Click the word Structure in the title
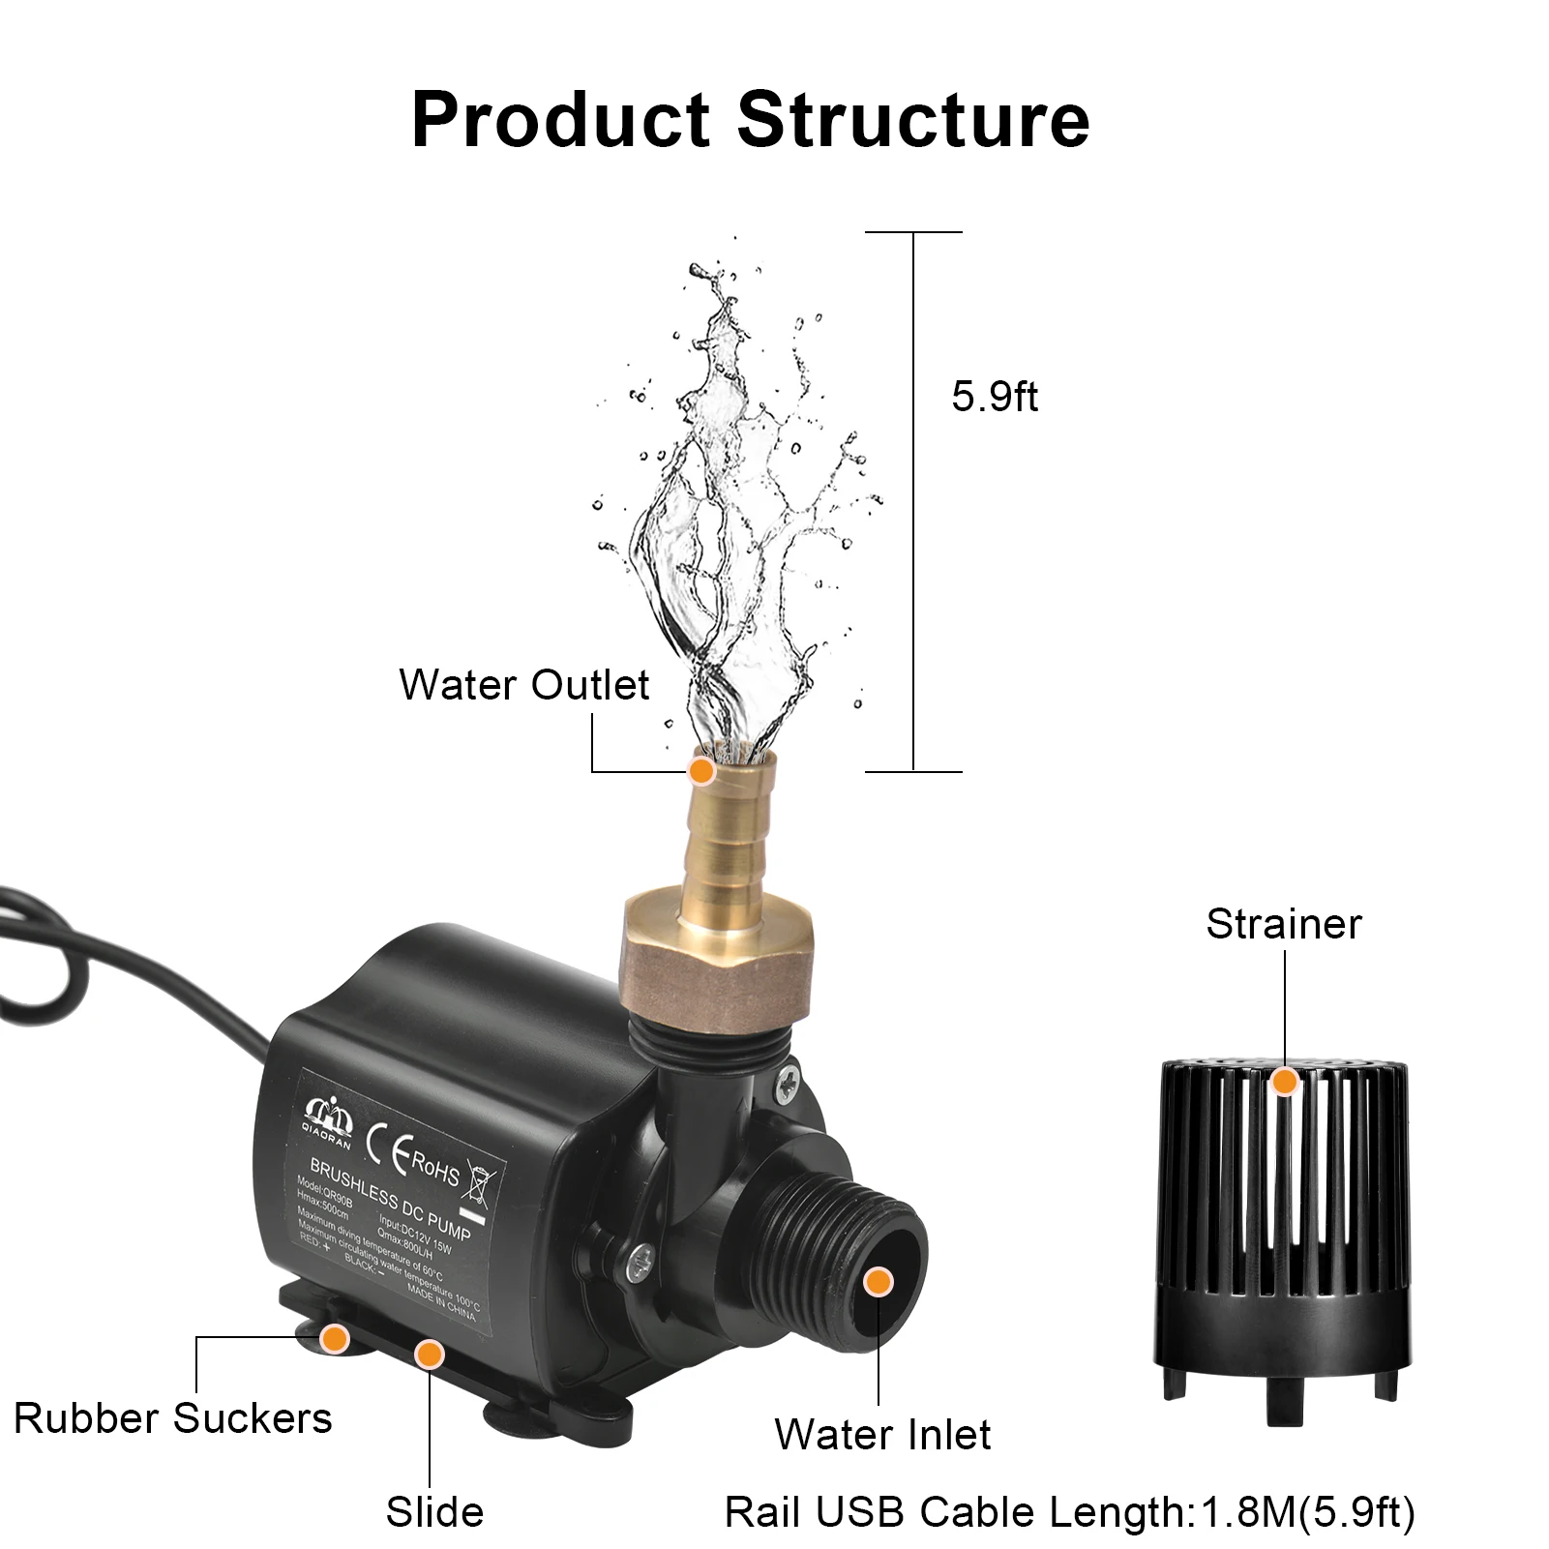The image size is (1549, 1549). (x=913, y=120)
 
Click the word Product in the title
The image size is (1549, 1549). (x=561, y=120)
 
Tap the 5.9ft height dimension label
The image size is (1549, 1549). (x=995, y=398)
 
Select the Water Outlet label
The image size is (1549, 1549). (x=523, y=685)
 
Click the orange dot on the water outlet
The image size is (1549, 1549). (x=700, y=771)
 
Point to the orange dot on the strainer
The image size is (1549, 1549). (x=1284, y=1081)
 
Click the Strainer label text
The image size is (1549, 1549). (x=1283, y=924)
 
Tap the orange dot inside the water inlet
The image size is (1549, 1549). (x=878, y=1282)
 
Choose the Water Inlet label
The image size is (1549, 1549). (x=882, y=1435)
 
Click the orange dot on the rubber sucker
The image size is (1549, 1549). (x=335, y=1338)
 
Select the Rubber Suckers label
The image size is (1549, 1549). (x=173, y=1418)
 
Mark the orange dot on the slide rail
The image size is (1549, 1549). (x=429, y=1354)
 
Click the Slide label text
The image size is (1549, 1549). (x=434, y=1511)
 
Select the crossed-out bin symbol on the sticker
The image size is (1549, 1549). (x=483, y=1180)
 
